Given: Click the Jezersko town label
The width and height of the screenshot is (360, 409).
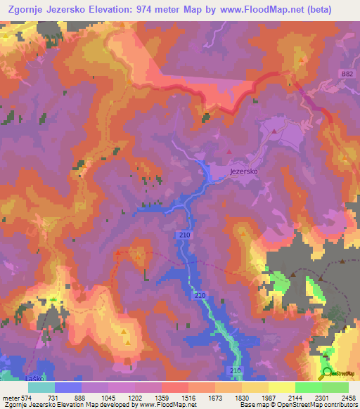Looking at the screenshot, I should coord(245,170).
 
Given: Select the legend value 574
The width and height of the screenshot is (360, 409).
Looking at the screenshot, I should coord(27,398).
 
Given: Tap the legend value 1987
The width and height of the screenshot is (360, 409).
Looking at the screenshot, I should coord(269,398).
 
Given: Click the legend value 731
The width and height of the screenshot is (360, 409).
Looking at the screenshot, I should coord(55,398).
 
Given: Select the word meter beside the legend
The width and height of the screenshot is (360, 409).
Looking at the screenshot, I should coord(11,398).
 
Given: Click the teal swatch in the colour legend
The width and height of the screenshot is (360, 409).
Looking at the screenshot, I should coord(41,387).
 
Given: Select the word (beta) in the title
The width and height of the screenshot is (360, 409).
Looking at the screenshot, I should coord(335,8).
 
